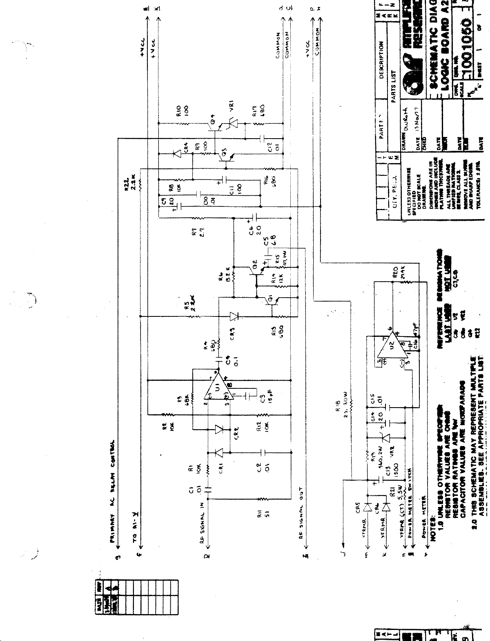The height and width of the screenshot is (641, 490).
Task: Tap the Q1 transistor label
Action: tap(270, 301)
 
